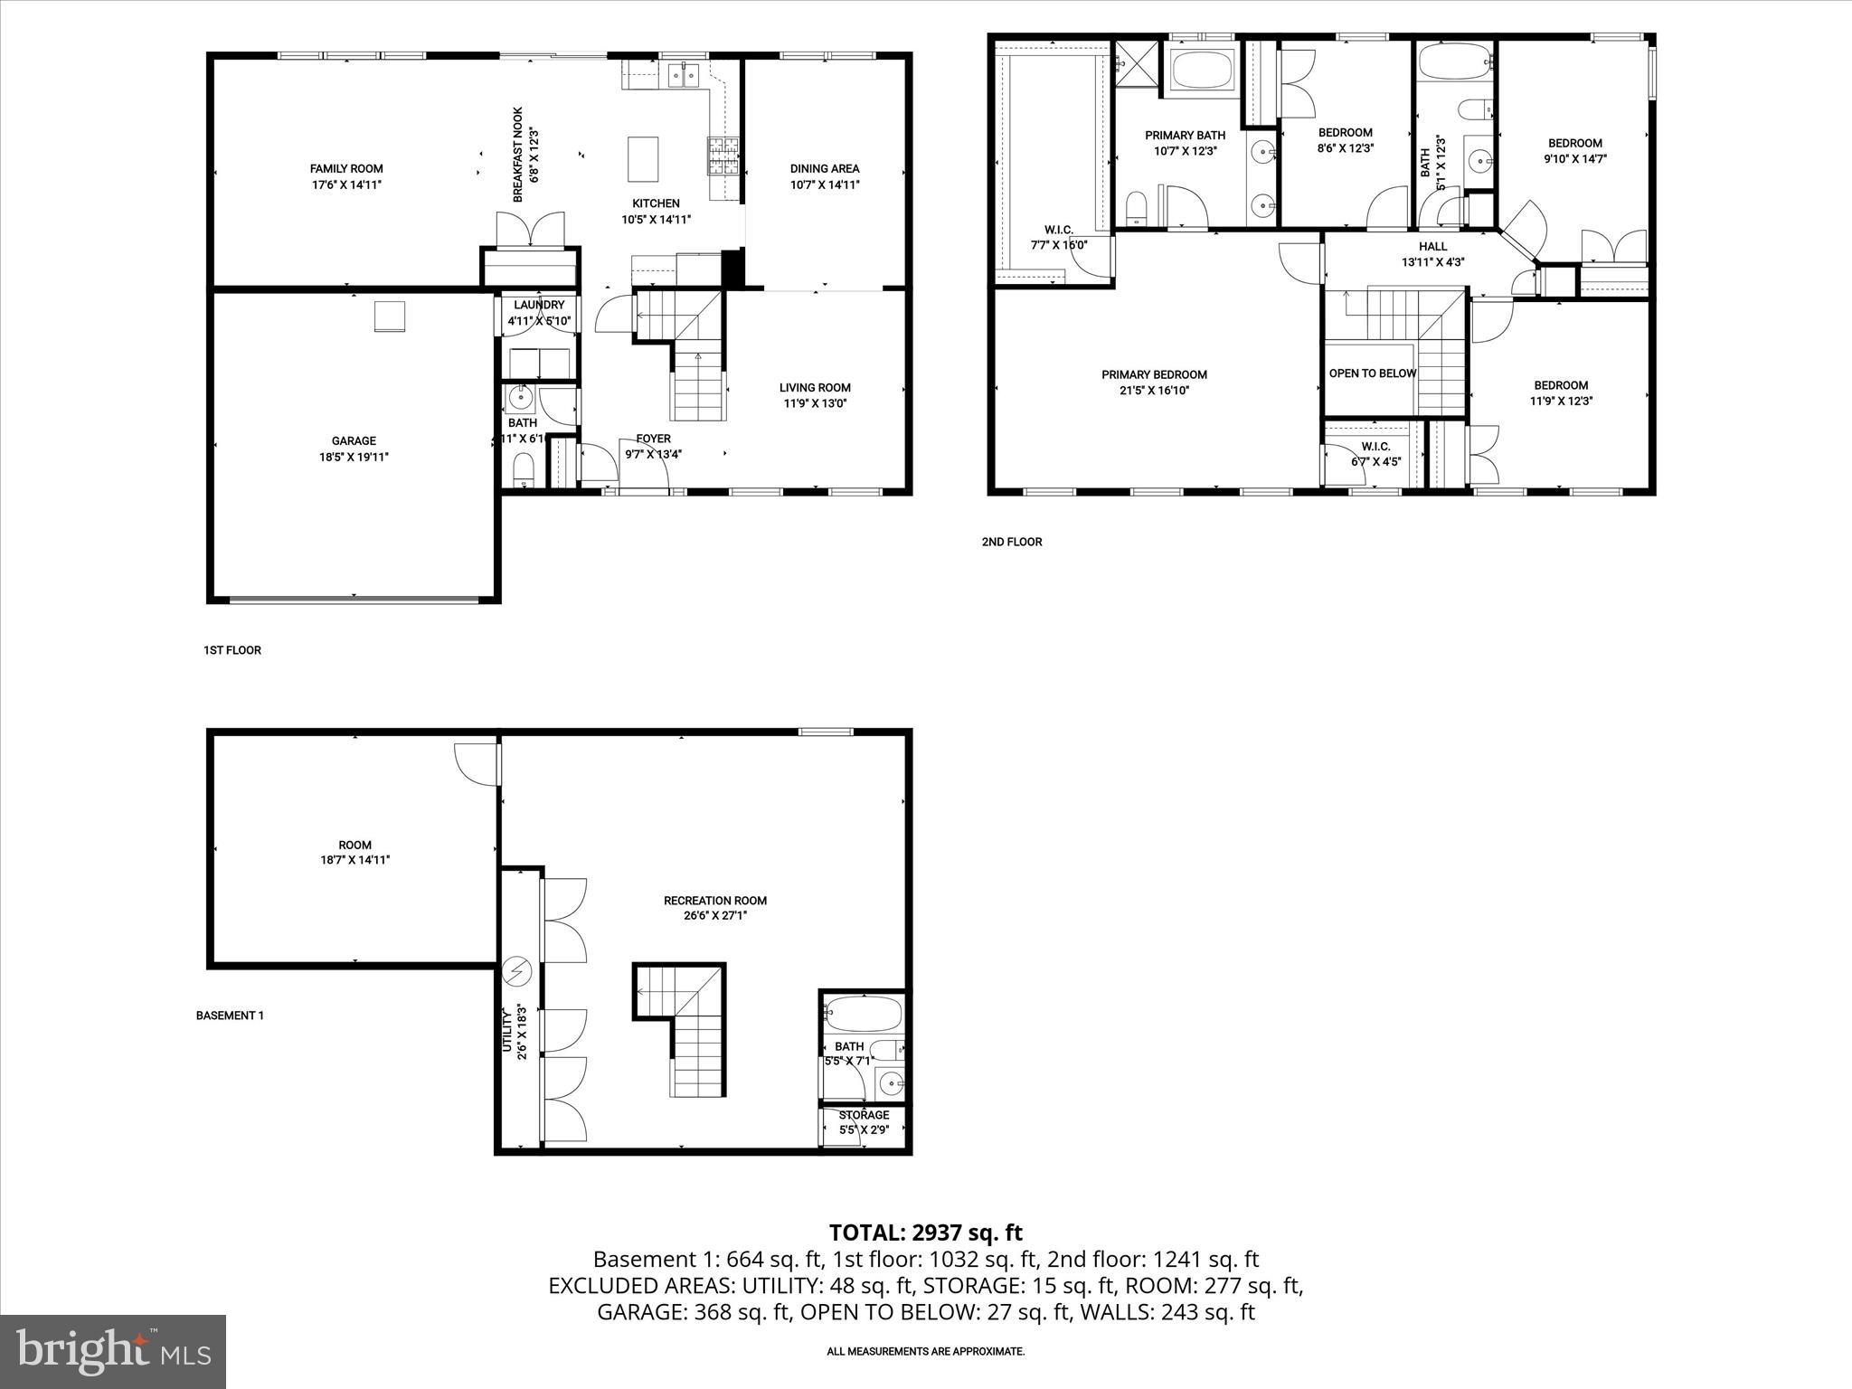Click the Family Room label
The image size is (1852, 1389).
[x=346, y=169]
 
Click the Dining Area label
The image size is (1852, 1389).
[x=824, y=169]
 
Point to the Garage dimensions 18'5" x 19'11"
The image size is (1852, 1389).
[x=354, y=457]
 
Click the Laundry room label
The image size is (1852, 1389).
[x=539, y=306]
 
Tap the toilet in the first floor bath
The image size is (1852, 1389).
[x=523, y=468]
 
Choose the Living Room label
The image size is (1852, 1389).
[x=815, y=388]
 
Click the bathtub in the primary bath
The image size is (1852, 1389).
[x=1203, y=67]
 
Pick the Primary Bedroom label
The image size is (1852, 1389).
[x=1154, y=374]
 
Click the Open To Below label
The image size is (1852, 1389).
[x=1372, y=373]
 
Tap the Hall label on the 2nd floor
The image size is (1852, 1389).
[x=1432, y=246]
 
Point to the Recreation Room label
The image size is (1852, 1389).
[x=714, y=901]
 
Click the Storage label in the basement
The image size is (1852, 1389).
[x=864, y=1115]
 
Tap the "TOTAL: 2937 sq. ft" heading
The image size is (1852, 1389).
[x=925, y=1233]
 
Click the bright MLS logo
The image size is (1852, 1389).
[x=113, y=1351]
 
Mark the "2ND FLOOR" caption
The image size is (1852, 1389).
[x=1012, y=542]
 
